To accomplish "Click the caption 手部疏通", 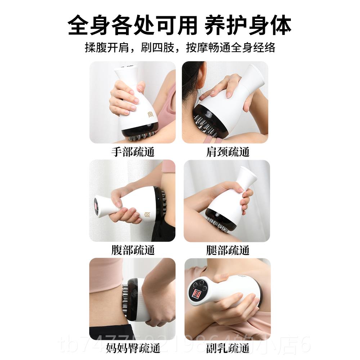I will tap(132, 152).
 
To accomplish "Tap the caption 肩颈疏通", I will tap(228, 152).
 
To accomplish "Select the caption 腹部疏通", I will tap(132, 250).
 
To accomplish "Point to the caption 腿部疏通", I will tap(228, 250).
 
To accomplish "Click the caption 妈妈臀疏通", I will tap(132, 348).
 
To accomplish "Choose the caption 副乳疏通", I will tap(228, 348).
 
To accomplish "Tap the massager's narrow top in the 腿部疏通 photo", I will tap(247, 175).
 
